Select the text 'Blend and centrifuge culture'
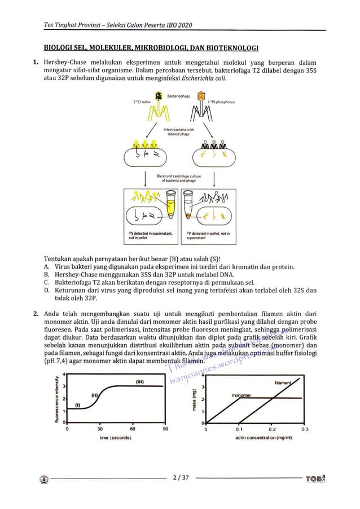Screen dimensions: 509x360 click(180, 176)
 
